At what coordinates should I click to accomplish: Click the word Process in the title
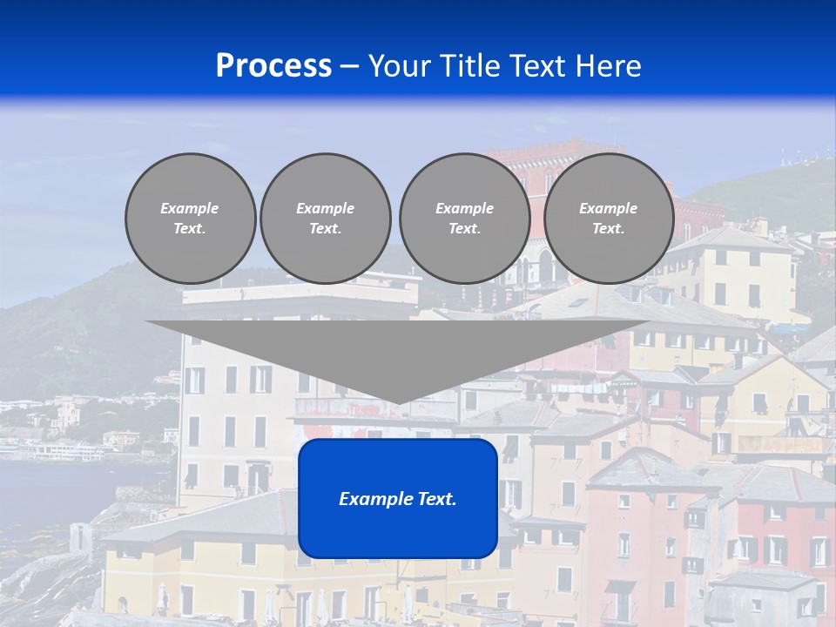pyautogui.click(x=273, y=66)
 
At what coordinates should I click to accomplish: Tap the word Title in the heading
pyautogui.click(x=468, y=66)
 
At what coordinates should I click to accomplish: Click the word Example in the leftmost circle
pyautogui.click(x=190, y=208)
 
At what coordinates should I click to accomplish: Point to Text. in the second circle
pyautogui.click(x=326, y=229)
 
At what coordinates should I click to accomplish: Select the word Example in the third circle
pyautogui.click(x=465, y=208)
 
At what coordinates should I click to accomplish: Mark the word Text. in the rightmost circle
pyautogui.click(x=609, y=229)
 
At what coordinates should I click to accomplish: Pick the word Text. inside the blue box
pyautogui.click(x=437, y=499)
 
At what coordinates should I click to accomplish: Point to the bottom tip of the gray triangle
pyautogui.click(x=398, y=402)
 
